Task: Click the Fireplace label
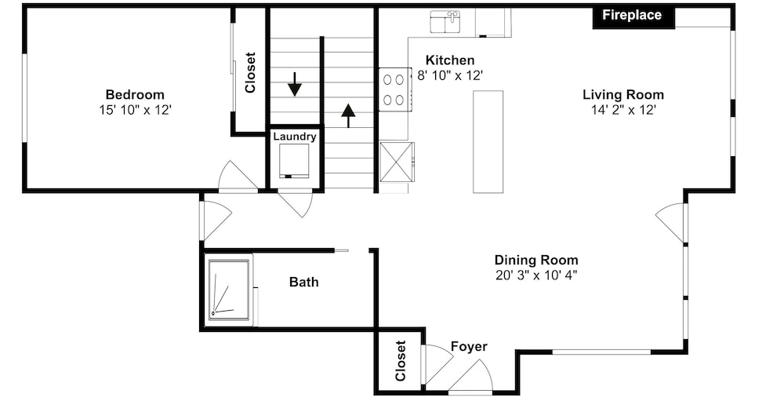[631, 15]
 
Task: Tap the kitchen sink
[445, 22]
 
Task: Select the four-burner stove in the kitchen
[395, 89]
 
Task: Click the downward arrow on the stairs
[295, 84]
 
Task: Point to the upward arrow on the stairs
[348, 115]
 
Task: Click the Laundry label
[295, 137]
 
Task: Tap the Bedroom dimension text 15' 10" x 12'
[136, 110]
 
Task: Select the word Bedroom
[135, 95]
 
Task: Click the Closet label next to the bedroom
[250, 72]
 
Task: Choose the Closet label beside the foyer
[400, 361]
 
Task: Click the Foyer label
[469, 346]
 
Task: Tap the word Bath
[304, 282]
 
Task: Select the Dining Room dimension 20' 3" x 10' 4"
[536, 275]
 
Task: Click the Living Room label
[623, 95]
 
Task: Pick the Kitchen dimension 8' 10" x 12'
[450, 75]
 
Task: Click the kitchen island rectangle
[488, 142]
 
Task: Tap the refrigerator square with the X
[397, 162]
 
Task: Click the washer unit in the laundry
[294, 161]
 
